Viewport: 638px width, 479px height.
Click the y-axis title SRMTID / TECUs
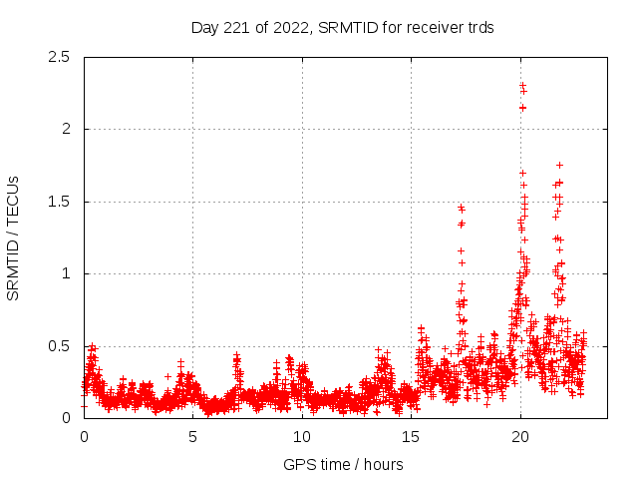(x=14, y=238)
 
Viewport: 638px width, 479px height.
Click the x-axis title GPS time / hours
(x=343, y=464)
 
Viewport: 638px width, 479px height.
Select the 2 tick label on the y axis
(x=67, y=129)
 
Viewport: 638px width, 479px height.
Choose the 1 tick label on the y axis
(x=67, y=273)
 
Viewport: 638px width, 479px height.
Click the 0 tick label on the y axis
(x=67, y=418)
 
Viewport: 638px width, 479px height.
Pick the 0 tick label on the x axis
(x=84, y=437)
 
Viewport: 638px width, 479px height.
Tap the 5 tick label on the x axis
(x=192, y=437)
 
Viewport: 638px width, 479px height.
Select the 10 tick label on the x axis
(x=302, y=437)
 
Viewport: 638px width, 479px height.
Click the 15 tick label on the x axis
(x=411, y=437)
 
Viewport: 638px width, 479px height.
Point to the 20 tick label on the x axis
(x=519, y=437)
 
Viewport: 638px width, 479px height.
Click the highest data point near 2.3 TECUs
(x=522, y=86)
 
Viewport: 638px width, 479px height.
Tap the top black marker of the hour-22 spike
(x=559, y=165)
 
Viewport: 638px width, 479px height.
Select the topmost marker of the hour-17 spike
(x=462, y=208)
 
